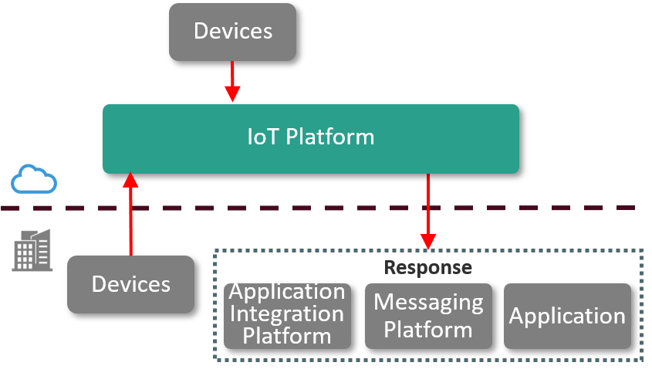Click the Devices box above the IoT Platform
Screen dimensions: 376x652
pyautogui.click(x=232, y=32)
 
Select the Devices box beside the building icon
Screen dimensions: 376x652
pyautogui.click(x=130, y=284)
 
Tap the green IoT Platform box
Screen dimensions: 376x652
pyautogui.click(x=310, y=138)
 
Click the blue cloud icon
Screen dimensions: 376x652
pyautogui.click(x=34, y=179)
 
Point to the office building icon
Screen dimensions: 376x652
pyautogui.click(x=30, y=250)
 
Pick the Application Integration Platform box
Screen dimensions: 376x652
pyautogui.click(x=287, y=314)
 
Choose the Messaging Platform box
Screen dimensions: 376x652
pyautogui.click(x=428, y=315)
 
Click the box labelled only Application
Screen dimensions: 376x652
pyautogui.click(x=567, y=316)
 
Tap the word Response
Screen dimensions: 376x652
pyautogui.click(x=428, y=267)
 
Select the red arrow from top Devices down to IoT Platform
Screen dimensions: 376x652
pyautogui.click(x=232, y=77)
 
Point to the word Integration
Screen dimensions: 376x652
pyautogui.click(x=287, y=314)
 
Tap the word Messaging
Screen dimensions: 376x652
pyautogui.click(x=428, y=302)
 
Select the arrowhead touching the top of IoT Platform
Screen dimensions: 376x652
pyautogui.click(x=232, y=94)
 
